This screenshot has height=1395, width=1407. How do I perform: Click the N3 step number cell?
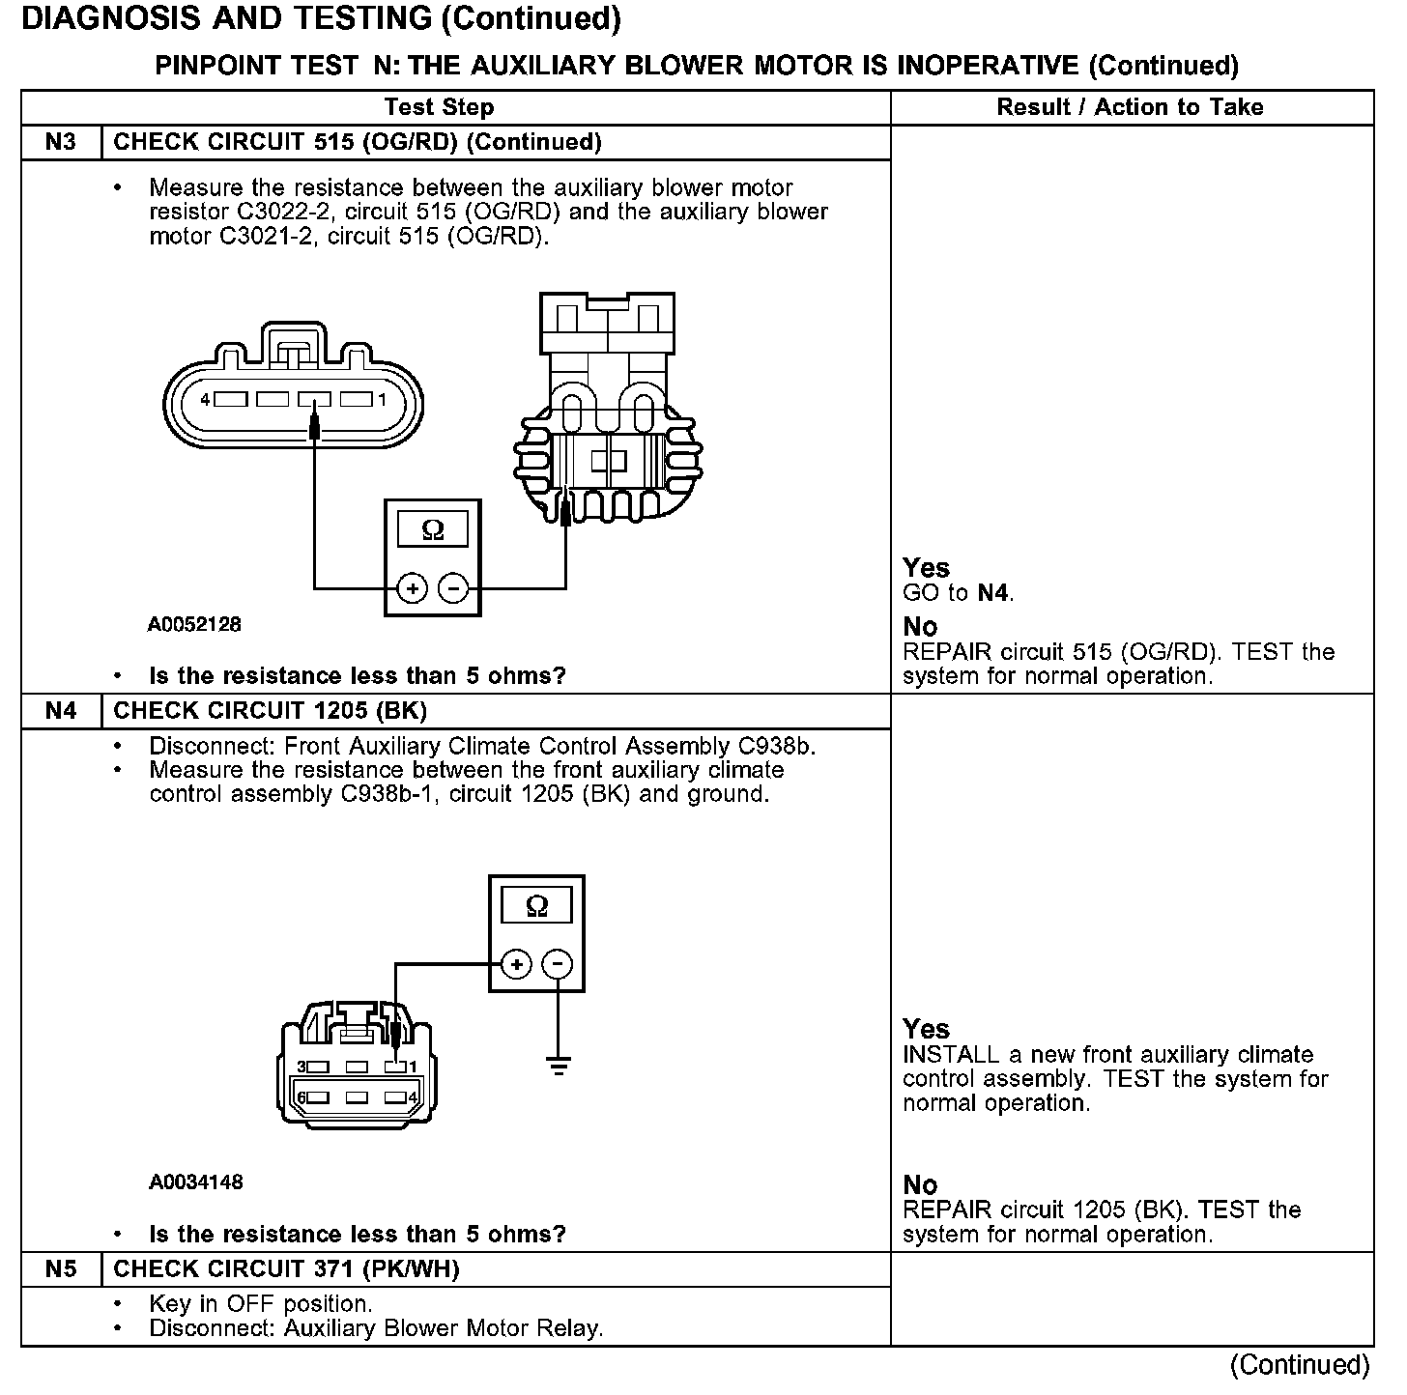(61, 143)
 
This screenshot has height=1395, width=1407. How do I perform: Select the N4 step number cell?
(61, 711)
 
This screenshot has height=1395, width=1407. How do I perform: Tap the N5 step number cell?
(61, 1269)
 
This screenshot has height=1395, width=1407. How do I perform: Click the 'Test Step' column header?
(439, 107)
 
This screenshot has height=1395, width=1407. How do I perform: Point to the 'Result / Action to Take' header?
(1130, 107)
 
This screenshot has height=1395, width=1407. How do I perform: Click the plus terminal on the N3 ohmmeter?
(413, 587)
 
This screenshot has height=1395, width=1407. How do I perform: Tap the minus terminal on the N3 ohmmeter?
(453, 587)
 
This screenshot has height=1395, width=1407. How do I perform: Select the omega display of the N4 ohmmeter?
(536, 906)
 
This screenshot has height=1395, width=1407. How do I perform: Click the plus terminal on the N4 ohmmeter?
(517, 964)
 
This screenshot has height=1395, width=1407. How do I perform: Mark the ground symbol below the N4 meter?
(558, 1066)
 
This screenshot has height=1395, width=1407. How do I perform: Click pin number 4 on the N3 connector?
(205, 400)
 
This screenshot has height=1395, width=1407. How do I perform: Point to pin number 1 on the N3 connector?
(383, 400)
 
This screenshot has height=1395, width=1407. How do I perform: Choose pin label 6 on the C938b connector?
(301, 1097)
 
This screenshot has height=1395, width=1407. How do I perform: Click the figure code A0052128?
(194, 625)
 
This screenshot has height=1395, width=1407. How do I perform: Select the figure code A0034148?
(196, 1182)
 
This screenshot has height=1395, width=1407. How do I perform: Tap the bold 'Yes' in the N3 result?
(926, 568)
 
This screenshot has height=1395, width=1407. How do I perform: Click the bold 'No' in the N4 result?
(920, 1185)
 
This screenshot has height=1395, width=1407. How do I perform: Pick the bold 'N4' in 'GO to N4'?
(994, 593)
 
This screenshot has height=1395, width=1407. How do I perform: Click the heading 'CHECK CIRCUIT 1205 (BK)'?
(270, 711)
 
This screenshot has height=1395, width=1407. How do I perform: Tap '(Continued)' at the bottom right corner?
(1300, 1365)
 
